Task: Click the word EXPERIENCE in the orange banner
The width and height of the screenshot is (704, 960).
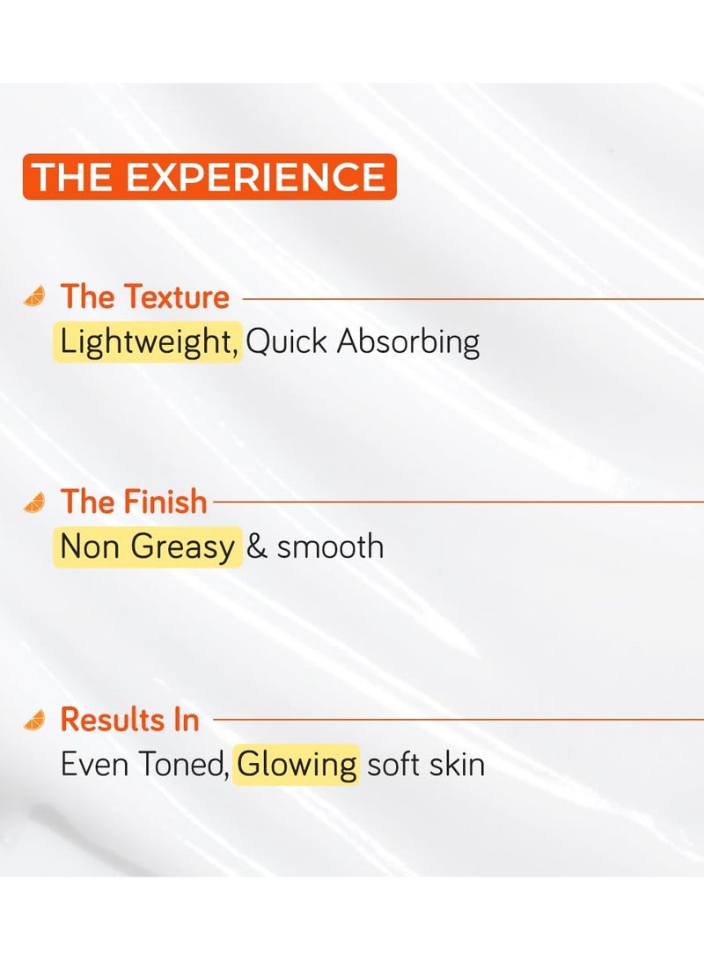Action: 256,177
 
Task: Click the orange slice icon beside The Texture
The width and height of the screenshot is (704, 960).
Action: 34,297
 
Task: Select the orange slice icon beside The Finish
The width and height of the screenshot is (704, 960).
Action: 34,502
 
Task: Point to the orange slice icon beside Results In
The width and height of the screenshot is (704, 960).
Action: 34,721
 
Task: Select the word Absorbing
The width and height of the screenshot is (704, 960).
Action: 408,341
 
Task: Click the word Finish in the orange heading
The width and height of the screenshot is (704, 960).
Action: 165,502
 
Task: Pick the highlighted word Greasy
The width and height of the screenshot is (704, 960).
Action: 183,546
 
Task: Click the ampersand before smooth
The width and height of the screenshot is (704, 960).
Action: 257,546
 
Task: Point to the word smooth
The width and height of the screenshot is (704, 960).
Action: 330,546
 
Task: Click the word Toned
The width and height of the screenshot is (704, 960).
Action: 182,764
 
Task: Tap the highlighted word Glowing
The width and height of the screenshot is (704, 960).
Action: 297,764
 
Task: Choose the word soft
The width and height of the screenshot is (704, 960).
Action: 392,764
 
